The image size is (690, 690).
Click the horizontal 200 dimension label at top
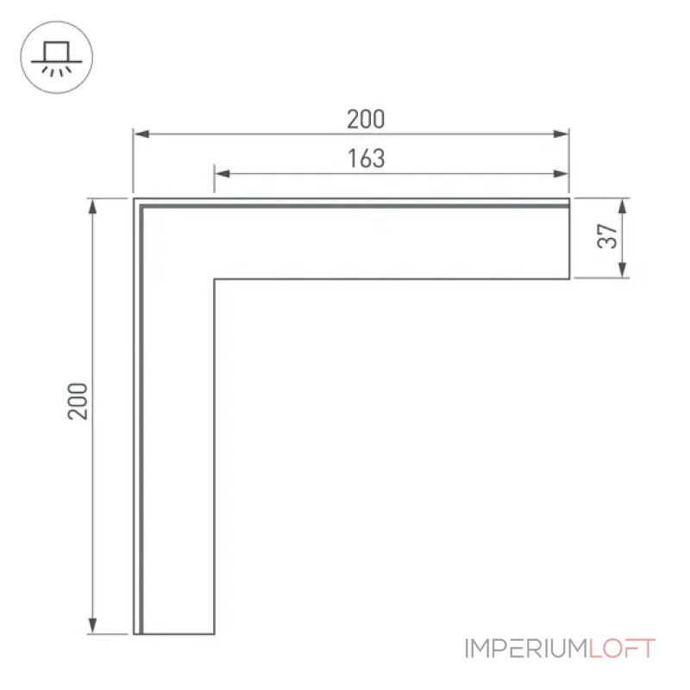click(x=366, y=119)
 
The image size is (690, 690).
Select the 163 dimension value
click(x=366, y=159)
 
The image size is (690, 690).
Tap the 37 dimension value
click(x=608, y=236)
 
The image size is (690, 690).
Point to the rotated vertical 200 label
click(x=78, y=401)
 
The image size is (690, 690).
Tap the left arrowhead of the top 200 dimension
click(x=141, y=134)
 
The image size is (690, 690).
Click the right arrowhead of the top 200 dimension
click(x=561, y=134)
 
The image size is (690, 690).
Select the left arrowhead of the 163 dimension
click(x=223, y=173)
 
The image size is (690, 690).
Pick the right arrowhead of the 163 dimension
click(x=561, y=173)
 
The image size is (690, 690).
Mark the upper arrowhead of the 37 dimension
click(x=622, y=206)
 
